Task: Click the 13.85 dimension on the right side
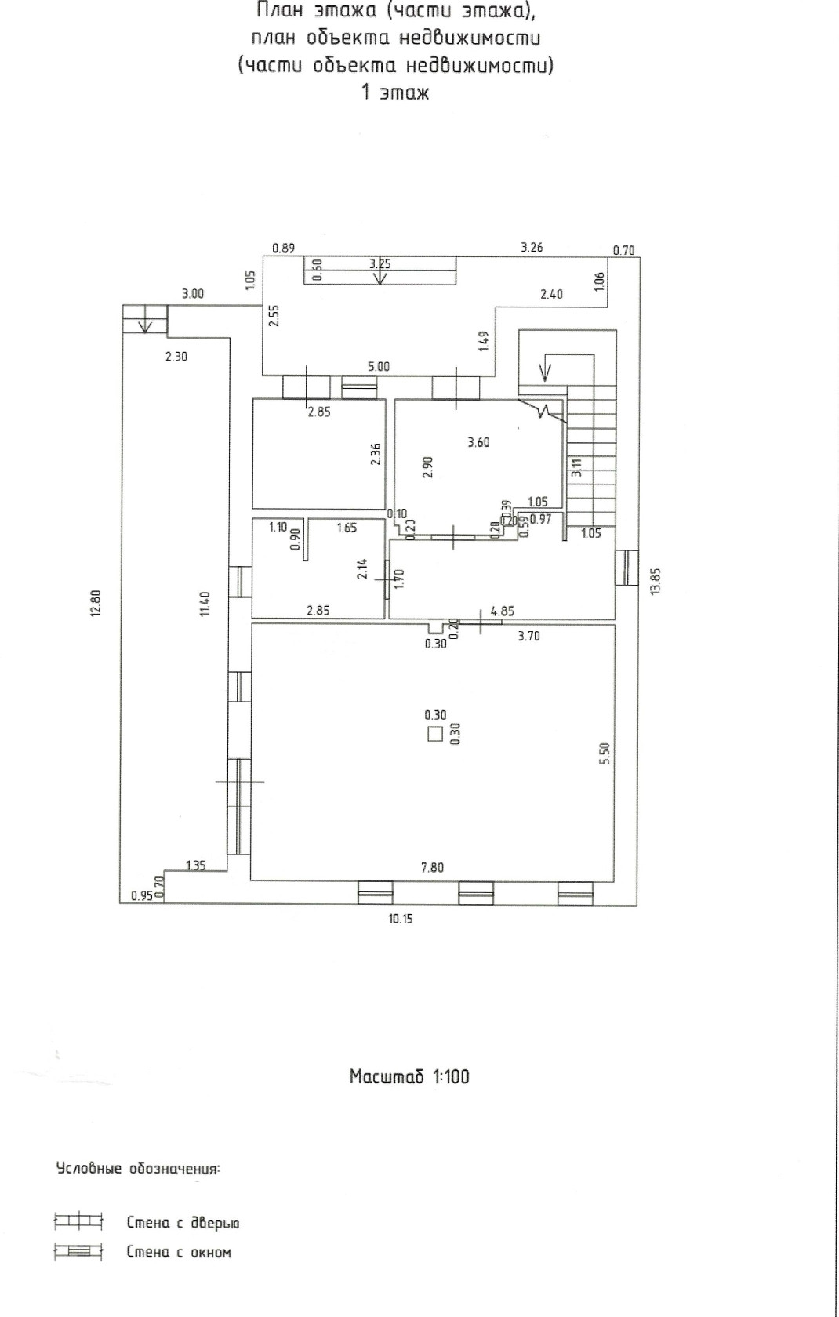click(x=656, y=581)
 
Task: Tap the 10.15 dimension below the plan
click(x=401, y=919)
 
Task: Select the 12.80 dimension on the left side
click(x=96, y=603)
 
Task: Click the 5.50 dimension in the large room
click(x=606, y=754)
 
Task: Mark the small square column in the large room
click(x=434, y=734)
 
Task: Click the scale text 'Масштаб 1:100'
click(x=410, y=1076)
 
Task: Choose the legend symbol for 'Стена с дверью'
click(x=78, y=1221)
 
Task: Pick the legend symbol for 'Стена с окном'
click(x=78, y=1251)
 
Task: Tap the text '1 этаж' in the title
click(x=395, y=93)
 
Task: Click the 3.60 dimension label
click(x=478, y=442)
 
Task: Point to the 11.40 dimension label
click(x=204, y=604)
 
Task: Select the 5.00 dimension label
click(x=379, y=366)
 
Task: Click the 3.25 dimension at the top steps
click(x=380, y=263)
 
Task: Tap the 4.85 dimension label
click(x=503, y=611)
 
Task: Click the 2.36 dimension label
click(x=376, y=454)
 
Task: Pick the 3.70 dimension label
click(x=528, y=636)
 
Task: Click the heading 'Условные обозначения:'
click(x=137, y=1168)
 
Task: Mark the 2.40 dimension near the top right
click(x=551, y=294)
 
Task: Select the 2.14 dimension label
click(x=363, y=568)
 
